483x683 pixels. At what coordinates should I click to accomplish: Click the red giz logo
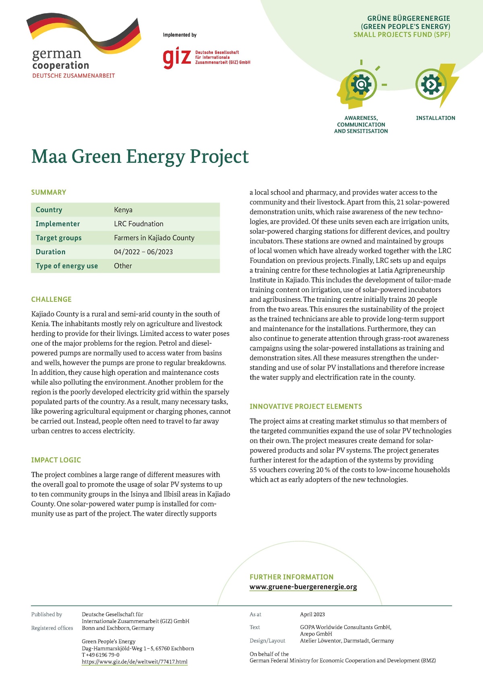(176, 58)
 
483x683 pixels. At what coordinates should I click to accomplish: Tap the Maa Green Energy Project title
(140, 157)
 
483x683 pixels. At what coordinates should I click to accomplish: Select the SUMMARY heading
(49, 192)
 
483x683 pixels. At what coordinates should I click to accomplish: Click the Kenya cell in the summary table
(123, 210)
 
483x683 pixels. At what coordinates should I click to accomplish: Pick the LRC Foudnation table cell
(138, 224)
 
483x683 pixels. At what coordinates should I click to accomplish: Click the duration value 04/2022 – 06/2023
(143, 252)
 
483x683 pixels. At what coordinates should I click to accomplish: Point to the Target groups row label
(58, 238)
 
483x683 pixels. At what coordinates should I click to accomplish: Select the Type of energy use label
(66, 266)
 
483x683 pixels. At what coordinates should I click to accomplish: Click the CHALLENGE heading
(52, 299)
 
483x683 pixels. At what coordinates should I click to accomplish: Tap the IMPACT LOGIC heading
(56, 460)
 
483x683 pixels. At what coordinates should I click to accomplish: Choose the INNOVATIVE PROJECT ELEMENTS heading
(305, 406)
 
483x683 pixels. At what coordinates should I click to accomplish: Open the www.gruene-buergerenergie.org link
(303, 587)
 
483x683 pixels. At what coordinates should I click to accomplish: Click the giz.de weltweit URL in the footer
(134, 662)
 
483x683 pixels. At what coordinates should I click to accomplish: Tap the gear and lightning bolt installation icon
(435, 85)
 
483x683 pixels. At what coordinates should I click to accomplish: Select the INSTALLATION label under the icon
(436, 118)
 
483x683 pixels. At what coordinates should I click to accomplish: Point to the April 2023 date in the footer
(312, 615)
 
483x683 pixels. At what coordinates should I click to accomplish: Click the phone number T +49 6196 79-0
(101, 655)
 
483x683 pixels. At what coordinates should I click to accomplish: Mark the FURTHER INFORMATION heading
(291, 577)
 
